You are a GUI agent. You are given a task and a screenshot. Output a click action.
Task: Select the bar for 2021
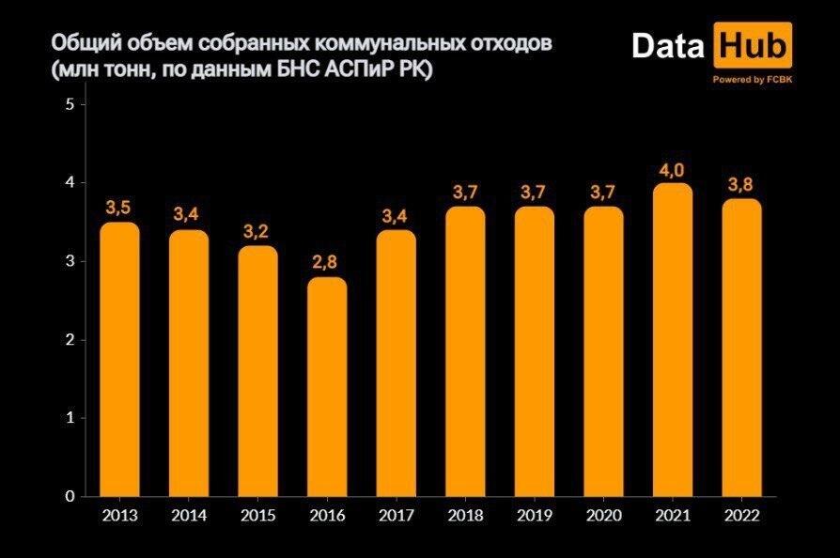[x=673, y=340]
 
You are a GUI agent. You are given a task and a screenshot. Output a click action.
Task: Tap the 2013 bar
[x=119, y=359]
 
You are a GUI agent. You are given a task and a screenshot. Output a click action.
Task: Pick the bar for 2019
[x=535, y=351]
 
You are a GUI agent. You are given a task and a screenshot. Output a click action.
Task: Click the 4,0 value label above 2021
[x=673, y=170]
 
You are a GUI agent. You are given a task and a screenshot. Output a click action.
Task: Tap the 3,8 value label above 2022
[x=742, y=185]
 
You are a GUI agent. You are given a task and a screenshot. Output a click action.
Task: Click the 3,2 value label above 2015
[x=257, y=232]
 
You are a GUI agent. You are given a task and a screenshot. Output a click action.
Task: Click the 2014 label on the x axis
[x=189, y=516]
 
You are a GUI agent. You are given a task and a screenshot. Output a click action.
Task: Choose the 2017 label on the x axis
[x=396, y=516]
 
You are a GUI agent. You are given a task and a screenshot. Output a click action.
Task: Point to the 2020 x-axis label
[x=604, y=516]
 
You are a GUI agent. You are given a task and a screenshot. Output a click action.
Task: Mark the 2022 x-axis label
[x=742, y=516]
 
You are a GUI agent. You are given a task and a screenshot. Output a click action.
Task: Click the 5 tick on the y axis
[x=70, y=104]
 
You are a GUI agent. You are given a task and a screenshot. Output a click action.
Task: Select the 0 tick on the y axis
[x=70, y=496]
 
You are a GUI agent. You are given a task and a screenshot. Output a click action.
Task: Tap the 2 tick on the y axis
[x=70, y=340]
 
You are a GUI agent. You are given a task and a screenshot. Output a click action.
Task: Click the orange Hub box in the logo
[x=753, y=47]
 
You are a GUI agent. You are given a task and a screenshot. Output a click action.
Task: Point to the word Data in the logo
[x=668, y=47]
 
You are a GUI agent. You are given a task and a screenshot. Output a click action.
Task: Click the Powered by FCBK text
[x=752, y=80]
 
